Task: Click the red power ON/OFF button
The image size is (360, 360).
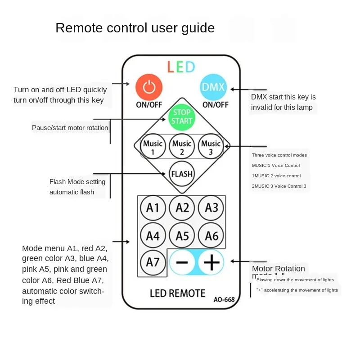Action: click(149, 87)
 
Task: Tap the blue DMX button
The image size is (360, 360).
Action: click(213, 87)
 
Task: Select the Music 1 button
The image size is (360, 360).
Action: click(153, 147)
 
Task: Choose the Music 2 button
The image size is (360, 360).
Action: click(182, 147)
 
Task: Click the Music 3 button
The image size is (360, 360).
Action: click(211, 147)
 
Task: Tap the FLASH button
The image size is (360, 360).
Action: click(182, 174)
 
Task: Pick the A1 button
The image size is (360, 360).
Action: click(153, 208)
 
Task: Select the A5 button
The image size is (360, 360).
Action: click(182, 235)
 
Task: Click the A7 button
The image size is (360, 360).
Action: click(153, 262)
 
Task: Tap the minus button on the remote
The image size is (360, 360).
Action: click(182, 262)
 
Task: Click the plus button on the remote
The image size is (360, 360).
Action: click(211, 262)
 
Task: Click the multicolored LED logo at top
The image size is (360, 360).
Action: click(181, 67)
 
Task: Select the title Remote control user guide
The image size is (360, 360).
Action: click(135, 28)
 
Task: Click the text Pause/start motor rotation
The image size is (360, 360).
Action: click(70, 128)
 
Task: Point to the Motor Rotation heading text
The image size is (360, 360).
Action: click(279, 269)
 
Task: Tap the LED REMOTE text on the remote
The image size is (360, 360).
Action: click(177, 293)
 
